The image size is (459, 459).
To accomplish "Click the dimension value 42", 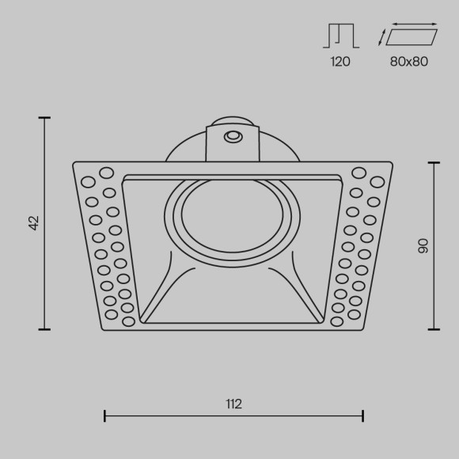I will tap(34, 223).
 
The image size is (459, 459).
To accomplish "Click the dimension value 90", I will tap(423, 245).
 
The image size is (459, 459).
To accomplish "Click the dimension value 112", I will tap(233, 404).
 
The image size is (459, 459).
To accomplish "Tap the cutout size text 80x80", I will tap(409, 62).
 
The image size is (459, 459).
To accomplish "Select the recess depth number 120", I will tap(340, 62).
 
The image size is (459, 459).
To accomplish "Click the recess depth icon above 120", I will tap(340, 36).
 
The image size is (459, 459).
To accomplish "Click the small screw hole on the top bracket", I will tap(233, 137).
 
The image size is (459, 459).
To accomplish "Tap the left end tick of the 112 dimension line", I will tap(105, 415).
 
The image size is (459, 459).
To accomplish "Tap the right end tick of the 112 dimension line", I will tap(363, 415).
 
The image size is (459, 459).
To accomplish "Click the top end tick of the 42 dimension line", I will tap(45, 118).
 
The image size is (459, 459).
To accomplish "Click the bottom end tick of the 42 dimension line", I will tap(45, 329).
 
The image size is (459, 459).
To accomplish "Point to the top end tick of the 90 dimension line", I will tap(434, 162).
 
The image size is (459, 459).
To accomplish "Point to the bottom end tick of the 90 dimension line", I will tap(434, 329).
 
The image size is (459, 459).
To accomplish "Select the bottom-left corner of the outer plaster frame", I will tap(104, 328).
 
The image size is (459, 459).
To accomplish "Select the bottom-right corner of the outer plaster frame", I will tap(363, 328).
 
